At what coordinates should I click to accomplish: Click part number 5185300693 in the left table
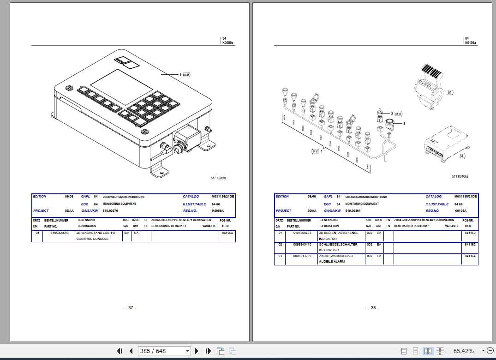point(59,233)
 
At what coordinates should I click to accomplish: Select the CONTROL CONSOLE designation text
point(92,239)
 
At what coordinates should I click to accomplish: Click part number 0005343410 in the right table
point(302,244)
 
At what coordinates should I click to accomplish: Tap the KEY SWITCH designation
point(329,250)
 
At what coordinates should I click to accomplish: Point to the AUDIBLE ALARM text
point(331,261)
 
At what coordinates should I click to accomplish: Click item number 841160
point(470,233)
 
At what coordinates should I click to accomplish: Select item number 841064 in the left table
point(227,233)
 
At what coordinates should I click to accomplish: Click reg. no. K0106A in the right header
point(461,210)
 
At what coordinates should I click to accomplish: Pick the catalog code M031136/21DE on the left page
point(223,197)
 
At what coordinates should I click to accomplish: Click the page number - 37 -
point(131,308)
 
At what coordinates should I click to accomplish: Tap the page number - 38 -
point(373,308)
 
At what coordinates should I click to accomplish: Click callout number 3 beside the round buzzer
point(404,123)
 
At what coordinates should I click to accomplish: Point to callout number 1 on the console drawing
point(180,74)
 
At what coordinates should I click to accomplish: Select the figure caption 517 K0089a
point(219,178)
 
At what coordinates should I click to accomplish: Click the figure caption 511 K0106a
point(460,176)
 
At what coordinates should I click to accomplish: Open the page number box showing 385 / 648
point(164,351)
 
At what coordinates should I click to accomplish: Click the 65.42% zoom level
point(463,351)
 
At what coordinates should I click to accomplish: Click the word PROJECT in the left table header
point(41,211)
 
